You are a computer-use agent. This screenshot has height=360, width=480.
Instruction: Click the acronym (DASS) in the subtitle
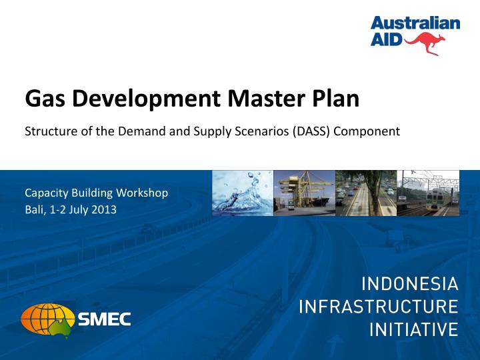pos(311,131)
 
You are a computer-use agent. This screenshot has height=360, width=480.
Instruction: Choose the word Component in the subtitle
pos(367,131)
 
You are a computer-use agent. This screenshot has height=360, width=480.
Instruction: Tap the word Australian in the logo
pos(415,23)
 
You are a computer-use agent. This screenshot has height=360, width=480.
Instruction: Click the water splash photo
pos(242,193)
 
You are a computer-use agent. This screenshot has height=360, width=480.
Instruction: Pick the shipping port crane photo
pos(304,193)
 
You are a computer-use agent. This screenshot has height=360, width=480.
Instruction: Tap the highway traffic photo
pos(366,193)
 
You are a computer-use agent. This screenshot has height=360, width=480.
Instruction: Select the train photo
pos(428,193)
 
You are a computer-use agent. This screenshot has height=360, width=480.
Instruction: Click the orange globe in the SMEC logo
pos(49,319)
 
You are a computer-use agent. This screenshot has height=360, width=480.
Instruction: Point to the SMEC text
pos(105,319)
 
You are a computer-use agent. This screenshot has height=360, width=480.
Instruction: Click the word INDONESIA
pos(409,285)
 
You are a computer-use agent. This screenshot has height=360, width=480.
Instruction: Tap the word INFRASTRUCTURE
pos(379,307)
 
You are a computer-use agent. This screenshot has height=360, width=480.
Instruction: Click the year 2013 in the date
pos(105,209)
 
